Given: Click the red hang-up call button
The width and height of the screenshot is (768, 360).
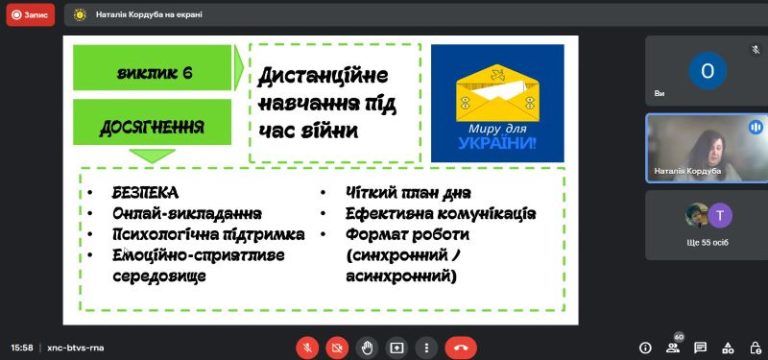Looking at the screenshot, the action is pyautogui.click(x=461, y=348).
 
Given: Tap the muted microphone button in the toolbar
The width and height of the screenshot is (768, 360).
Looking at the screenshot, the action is pyautogui.click(x=307, y=348).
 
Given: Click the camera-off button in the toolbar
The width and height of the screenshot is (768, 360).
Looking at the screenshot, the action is pyautogui.click(x=337, y=348).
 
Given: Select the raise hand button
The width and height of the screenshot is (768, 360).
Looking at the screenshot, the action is pyautogui.click(x=367, y=348).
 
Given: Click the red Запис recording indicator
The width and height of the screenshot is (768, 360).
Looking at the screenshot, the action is pyautogui.click(x=31, y=14).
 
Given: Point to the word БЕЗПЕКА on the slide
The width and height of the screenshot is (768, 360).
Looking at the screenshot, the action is pyautogui.click(x=145, y=193).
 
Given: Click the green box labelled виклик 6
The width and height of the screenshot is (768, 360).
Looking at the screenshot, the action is pyautogui.click(x=153, y=67).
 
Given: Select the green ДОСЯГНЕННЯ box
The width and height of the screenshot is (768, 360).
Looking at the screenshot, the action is pyautogui.click(x=153, y=122).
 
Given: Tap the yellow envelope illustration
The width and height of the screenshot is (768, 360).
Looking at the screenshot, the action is pyautogui.click(x=497, y=92).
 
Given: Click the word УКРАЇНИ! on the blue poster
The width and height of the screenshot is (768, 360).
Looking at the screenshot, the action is pyautogui.click(x=497, y=143).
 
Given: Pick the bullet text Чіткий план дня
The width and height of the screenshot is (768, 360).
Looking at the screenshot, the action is pyautogui.click(x=408, y=193).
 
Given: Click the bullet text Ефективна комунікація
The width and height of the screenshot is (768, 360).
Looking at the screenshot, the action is pyautogui.click(x=441, y=214).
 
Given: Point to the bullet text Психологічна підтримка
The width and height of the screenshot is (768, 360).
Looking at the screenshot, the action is pyautogui.click(x=208, y=234).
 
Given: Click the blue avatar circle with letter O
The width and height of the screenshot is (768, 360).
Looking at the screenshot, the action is pyautogui.click(x=708, y=71).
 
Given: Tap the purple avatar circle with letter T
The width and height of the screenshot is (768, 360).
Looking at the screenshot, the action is pyautogui.click(x=720, y=215).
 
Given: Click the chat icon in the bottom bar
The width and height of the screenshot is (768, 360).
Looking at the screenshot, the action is pyautogui.click(x=701, y=348).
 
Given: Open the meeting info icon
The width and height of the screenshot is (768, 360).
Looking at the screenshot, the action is pyautogui.click(x=645, y=348).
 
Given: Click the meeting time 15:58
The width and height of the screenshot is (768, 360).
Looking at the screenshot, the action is pyautogui.click(x=22, y=348).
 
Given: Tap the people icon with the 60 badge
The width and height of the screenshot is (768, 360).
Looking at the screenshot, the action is pyautogui.click(x=674, y=346).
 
